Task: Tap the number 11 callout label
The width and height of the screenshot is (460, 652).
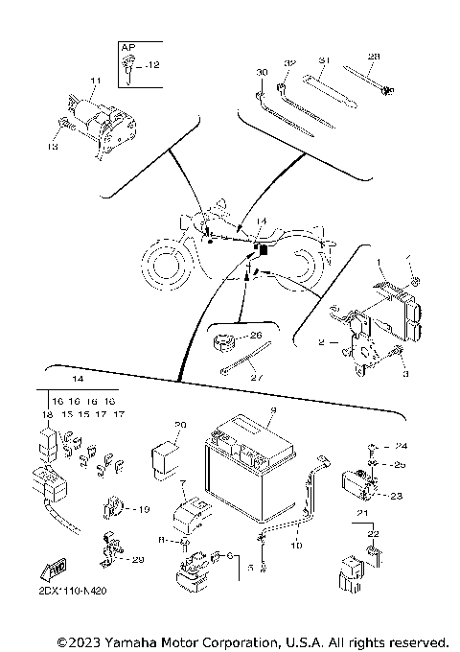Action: (95, 80)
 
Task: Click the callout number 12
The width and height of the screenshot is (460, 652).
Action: (155, 64)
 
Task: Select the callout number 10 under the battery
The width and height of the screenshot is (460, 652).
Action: (296, 545)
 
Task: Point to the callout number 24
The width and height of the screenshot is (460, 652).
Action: (402, 446)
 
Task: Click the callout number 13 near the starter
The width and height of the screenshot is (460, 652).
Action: (53, 148)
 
